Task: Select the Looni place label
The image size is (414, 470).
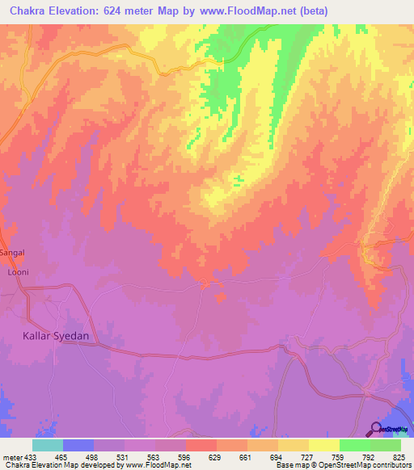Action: (18, 272)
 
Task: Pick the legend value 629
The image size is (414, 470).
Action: (214, 455)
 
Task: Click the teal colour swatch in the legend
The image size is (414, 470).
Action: (47, 445)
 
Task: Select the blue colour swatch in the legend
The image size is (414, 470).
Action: (78, 445)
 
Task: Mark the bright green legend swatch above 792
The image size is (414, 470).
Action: (355, 445)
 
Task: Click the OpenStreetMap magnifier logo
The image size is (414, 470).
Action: (374, 429)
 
